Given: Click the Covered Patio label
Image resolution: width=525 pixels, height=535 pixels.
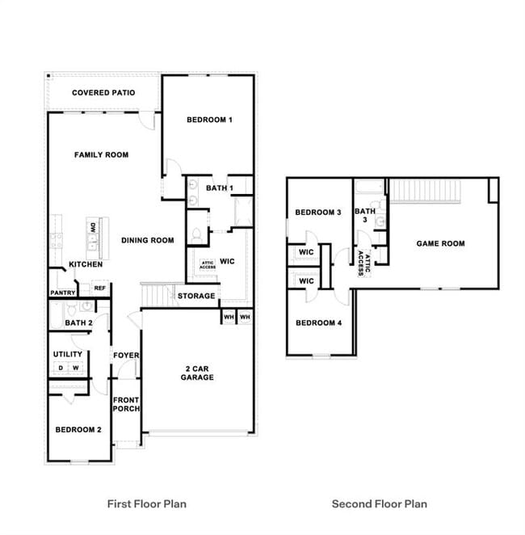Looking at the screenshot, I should [103, 93].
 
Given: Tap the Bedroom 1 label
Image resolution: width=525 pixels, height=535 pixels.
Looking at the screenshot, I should [209, 120].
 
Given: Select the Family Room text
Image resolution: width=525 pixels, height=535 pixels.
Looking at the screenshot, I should [101, 154].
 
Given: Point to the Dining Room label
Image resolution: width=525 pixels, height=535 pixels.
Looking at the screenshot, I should [148, 240].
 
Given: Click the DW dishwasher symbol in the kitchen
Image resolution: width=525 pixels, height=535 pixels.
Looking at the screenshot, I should [93, 228].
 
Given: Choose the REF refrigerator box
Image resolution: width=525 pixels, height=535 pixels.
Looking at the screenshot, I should [99, 288].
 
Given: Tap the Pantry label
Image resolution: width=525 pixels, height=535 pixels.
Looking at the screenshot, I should [63, 293].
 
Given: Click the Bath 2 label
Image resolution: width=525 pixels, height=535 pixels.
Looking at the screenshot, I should [79, 323].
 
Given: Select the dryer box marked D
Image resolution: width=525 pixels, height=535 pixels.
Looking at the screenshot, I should [60, 369].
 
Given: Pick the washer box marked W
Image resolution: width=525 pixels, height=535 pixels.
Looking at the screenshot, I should [75, 369].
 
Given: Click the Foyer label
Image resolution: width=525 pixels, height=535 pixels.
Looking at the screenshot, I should [125, 356].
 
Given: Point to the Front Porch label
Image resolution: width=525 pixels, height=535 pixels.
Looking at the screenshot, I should [126, 404].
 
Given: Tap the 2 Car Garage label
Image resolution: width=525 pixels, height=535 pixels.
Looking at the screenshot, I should [197, 373].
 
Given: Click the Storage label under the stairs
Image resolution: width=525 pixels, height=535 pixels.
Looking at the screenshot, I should [196, 296].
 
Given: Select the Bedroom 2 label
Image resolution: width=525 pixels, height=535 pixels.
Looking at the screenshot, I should [78, 429].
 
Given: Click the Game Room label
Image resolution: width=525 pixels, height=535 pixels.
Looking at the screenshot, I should [440, 243].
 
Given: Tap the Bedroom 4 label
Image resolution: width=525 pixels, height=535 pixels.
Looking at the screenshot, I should [318, 322].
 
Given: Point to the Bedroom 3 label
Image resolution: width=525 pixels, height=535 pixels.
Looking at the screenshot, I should [318, 213].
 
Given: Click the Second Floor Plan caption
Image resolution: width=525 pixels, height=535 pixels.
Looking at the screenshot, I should [379, 503].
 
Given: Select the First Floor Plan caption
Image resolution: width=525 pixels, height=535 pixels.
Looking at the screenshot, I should [147, 503].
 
